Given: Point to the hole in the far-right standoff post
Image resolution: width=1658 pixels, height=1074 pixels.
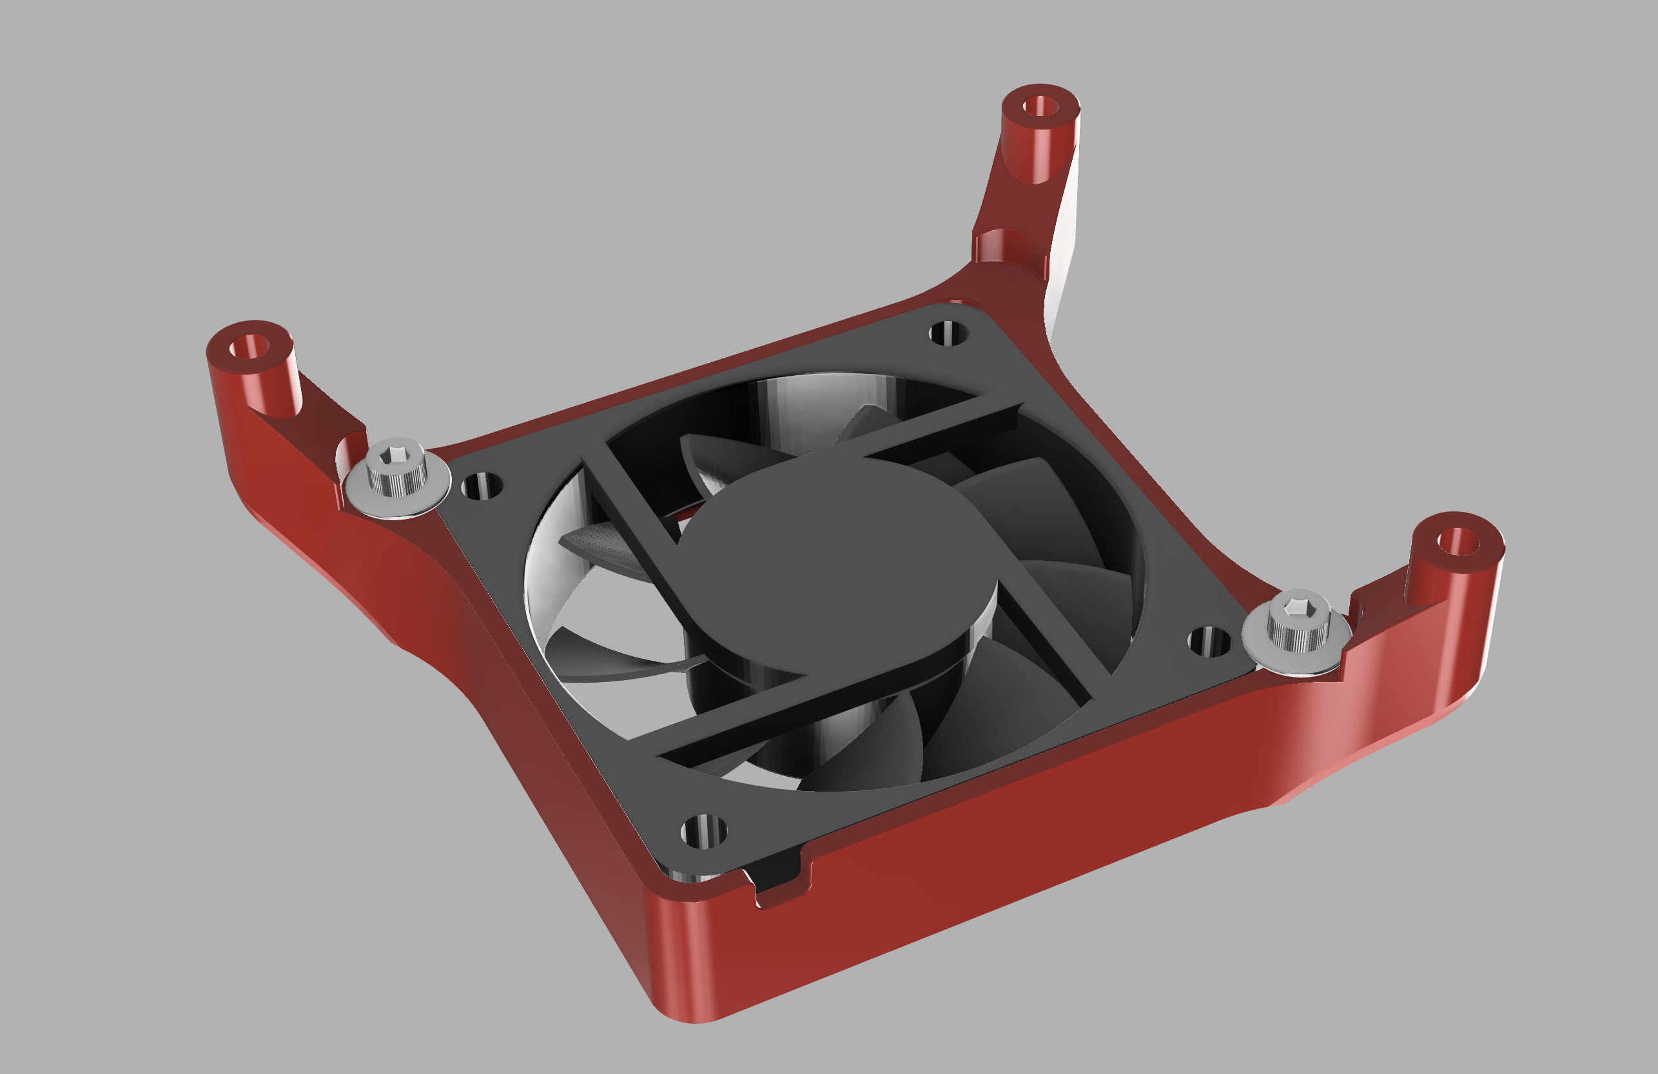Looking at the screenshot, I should pyautogui.click(x=1458, y=541).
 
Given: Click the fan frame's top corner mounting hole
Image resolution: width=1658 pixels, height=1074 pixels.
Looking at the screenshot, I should pyautogui.click(x=948, y=333).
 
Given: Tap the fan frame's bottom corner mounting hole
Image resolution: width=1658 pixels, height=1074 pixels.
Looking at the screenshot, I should pyautogui.click(x=703, y=831).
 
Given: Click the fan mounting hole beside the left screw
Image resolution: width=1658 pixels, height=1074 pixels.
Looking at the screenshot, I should pyautogui.click(x=482, y=485).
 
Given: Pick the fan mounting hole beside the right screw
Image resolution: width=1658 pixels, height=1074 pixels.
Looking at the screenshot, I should pyautogui.click(x=1209, y=641).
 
